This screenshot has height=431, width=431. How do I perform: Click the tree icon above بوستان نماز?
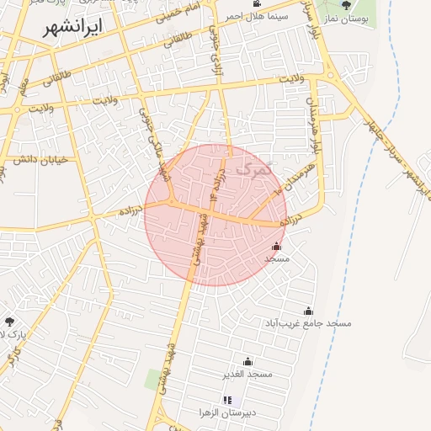pyautogui.click(x=346, y=5)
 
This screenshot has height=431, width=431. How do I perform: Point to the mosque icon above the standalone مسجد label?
pyautogui.click(x=277, y=247)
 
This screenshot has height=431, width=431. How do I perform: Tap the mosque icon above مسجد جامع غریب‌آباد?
pyautogui.click(x=308, y=311)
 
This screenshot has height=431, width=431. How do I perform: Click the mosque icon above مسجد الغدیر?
pyautogui.click(x=247, y=362)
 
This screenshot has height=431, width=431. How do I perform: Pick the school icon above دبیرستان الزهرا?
pyautogui.click(x=226, y=400)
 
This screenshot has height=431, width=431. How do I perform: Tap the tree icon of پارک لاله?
pyautogui.click(x=9, y=322)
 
